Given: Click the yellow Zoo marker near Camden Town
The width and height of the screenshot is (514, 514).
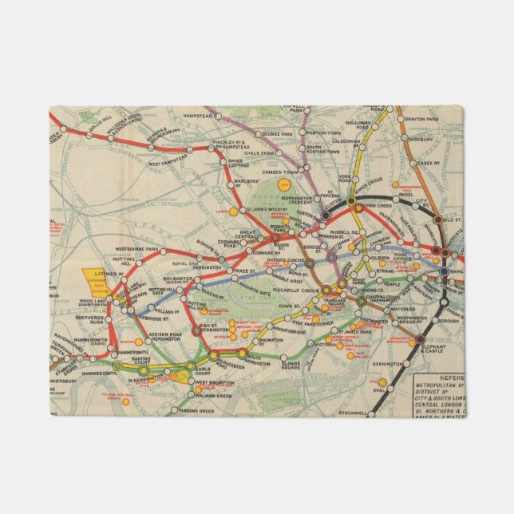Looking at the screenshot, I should [283, 184].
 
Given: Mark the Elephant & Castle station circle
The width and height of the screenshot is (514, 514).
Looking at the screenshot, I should [420, 342].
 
